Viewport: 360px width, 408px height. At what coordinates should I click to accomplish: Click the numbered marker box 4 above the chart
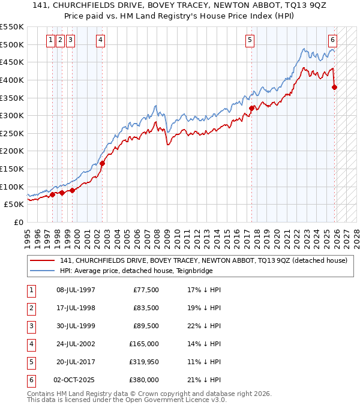100,40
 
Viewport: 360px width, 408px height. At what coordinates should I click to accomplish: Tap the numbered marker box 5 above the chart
249,40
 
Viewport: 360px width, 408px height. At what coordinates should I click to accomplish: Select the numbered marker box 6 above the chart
332,40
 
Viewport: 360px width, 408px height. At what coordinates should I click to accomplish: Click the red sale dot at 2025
335,87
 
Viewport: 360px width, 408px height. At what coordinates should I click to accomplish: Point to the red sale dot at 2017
252,109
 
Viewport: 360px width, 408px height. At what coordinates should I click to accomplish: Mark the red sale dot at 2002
103,163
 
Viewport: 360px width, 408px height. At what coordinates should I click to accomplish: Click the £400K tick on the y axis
12,80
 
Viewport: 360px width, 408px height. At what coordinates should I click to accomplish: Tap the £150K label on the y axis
12,169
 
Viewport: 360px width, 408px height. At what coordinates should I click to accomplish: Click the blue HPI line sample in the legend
42,271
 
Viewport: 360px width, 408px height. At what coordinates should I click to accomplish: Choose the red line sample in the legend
42,260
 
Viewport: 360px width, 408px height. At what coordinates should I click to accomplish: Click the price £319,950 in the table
143,362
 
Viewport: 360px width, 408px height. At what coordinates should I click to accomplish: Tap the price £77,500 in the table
145,290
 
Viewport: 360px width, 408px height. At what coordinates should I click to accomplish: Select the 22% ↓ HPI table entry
203,326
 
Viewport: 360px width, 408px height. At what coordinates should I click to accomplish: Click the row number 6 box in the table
31,380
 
